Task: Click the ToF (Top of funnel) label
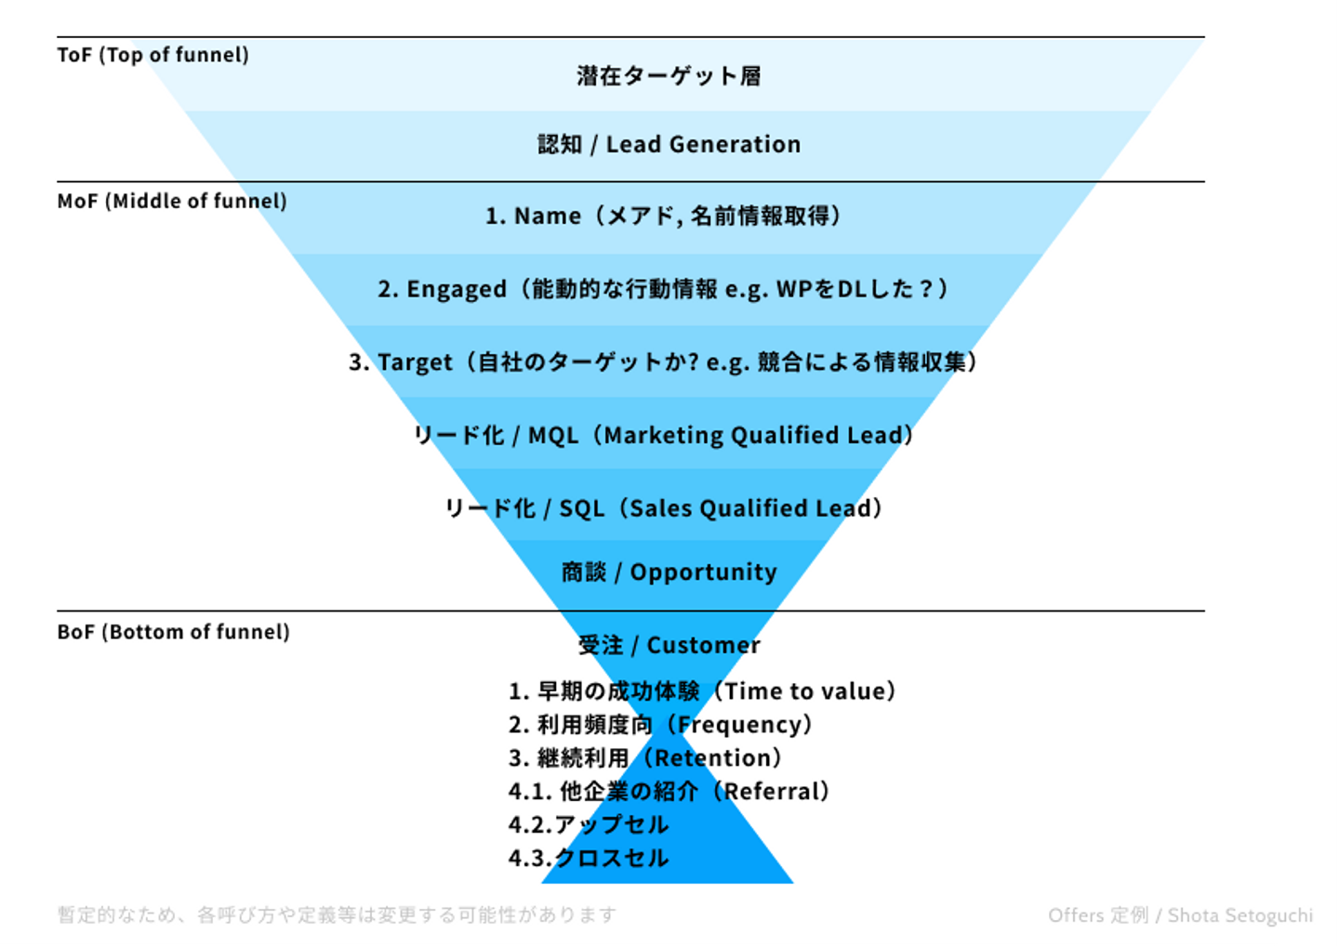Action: pyautogui.click(x=153, y=55)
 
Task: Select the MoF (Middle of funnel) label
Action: pyautogui.click(x=172, y=202)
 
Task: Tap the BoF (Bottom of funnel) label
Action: pyautogui.click(x=173, y=632)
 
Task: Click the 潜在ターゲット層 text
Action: pyautogui.click(x=669, y=76)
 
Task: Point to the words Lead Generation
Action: pyautogui.click(x=704, y=145)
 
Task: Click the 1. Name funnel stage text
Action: pyautogui.click(x=663, y=217)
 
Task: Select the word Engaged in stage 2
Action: pyautogui.click(x=457, y=290)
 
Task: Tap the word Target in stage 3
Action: pyautogui.click(x=415, y=362)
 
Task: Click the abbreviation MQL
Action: pyautogui.click(x=553, y=436)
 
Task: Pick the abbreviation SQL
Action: pyautogui.click(x=582, y=509)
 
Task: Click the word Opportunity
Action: pyautogui.click(x=704, y=572)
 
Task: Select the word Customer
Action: pyautogui.click(x=704, y=645)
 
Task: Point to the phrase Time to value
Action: pyautogui.click(x=805, y=691)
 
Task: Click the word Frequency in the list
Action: pyautogui.click(x=739, y=725)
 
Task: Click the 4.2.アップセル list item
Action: pyautogui.click(x=589, y=825)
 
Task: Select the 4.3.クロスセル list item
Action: pyautogui.click(x=589, y=859)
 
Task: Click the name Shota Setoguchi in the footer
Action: pyautogui.click(x=1240, y=915)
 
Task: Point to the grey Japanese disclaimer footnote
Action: pyautogui.click(x=337, y=915)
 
